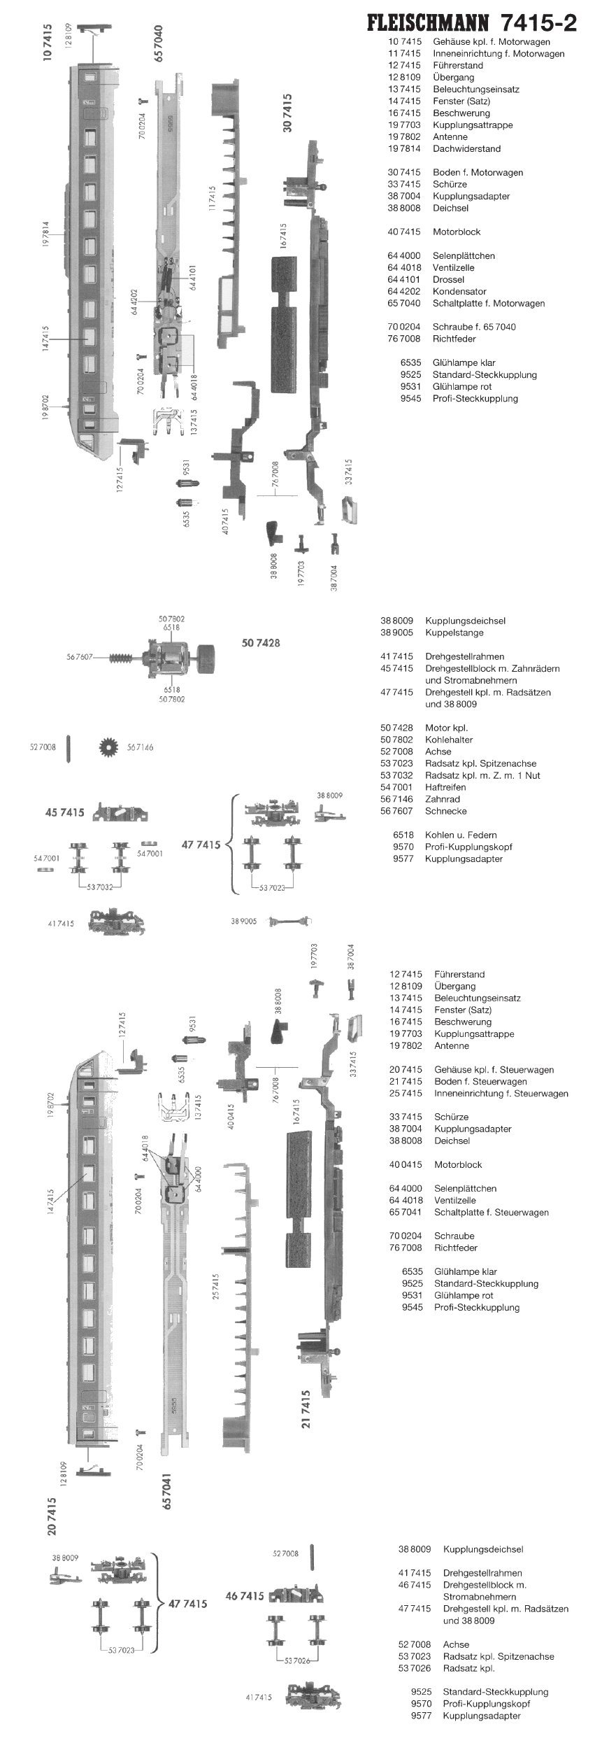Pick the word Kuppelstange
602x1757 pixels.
454,633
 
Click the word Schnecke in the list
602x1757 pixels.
445,811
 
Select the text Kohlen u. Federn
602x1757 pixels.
461,835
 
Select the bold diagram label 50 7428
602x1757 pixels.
261,642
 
